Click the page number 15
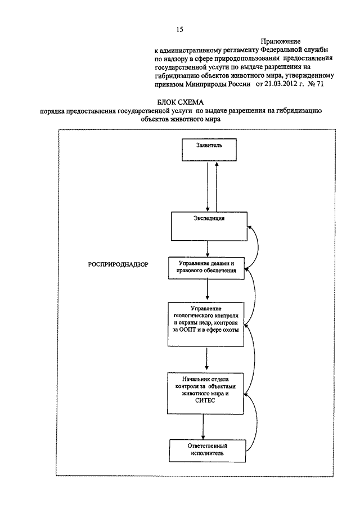click(179, 30)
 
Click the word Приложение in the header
click(281, 42)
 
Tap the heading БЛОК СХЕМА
click(181, 102)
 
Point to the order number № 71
click(316, 84)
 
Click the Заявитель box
click(209, 150)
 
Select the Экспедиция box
click(209, 226)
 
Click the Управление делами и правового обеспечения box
click(206, 268)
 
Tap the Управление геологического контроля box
click(206, 325)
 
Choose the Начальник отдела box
click(205, 393)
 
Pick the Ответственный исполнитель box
click(208, 451)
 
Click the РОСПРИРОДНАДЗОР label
click(118, 264)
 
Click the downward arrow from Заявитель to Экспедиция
click(208, 187)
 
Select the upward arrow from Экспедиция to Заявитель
click(217, 187)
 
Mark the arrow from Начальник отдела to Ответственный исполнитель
click(203, 427)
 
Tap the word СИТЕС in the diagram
click(205, 400)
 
